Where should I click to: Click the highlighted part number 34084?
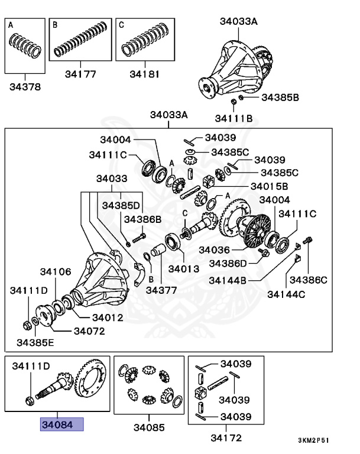click(61, 424)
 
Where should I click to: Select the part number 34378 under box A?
click(25, 86)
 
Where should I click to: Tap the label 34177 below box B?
click(80, 75)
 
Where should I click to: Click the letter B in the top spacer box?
click(55, 25)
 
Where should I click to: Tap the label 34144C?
click(287, 293)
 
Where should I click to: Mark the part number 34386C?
click(307, 279)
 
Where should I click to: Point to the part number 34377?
click(161, 290)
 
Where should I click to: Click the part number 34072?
click(89, 331)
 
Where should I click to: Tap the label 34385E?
click(35, 342)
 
